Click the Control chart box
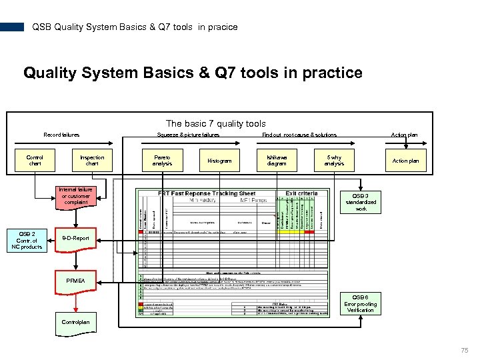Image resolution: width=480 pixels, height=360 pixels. tap(35, 161)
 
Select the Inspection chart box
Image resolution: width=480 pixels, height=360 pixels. tap(92, 161)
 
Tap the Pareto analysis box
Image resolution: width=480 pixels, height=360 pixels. tap(162, 161)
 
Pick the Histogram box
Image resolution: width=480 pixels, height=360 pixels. tap(219, 161)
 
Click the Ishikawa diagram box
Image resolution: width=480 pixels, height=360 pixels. tap(277, 161)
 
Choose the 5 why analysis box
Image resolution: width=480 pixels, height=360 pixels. tap(334, 161)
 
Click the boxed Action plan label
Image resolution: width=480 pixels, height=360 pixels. tap(405, 161)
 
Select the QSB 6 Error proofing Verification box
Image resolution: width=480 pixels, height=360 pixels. tap(361, 304)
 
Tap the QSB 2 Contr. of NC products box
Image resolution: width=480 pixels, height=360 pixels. tap(27, 241)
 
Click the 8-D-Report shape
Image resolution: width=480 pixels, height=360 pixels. tap(75, 239)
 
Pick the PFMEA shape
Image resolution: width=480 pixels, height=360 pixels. tap(75, 281)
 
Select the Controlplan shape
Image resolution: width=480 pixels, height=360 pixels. tap(75, 323)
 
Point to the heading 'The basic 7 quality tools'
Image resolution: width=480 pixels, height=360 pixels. tap(215, 123)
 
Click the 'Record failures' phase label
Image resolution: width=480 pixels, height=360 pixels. tap(61, 135)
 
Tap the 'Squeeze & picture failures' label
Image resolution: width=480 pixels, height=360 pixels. tap(189, 135)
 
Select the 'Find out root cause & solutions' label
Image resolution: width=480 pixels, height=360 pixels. tap(299, 135)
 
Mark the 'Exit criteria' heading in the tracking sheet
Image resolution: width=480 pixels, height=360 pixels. tap(301, 193)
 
